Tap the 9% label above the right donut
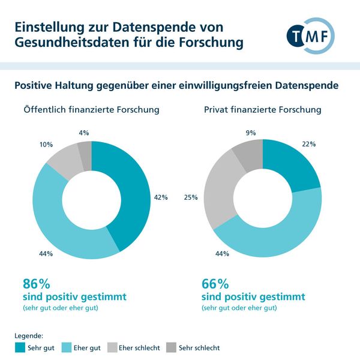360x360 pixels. (x=251, y=133)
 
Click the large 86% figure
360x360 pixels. (x=35, y=284)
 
